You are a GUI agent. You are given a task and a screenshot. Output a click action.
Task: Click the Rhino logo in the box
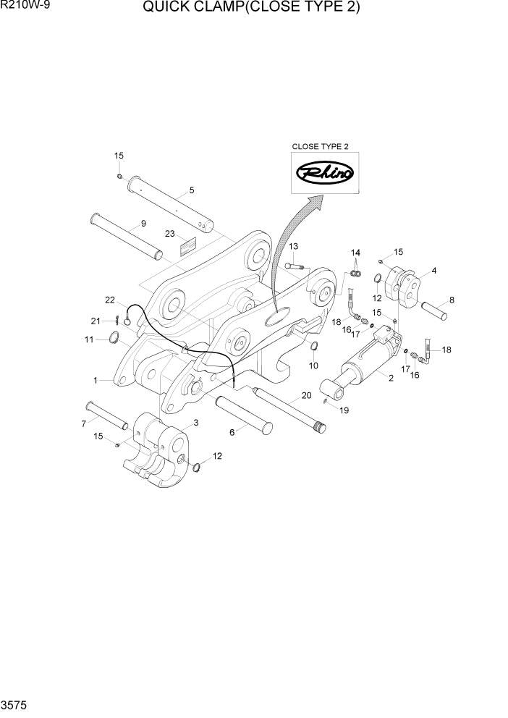tap(325, 173)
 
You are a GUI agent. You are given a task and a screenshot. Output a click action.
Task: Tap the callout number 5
tap(192, 190)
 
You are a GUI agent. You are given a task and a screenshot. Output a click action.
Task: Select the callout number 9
tap(143, 224)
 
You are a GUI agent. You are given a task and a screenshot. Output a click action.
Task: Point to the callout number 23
tap(170, 234)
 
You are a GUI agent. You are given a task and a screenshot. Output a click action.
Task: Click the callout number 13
tap(294, 247)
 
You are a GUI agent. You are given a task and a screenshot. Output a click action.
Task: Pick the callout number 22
tap(110, 300)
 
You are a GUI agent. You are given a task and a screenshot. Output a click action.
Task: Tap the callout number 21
tap(95, 320)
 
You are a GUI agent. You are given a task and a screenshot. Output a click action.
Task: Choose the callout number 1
tap(95, 379)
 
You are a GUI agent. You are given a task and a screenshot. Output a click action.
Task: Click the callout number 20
tap(306, 396)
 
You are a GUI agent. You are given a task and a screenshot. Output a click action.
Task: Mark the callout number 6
tap(233, 432)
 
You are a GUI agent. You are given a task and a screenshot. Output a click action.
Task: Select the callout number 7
tap(84, 423)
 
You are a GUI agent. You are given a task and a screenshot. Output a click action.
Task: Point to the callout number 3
tap(195, 423)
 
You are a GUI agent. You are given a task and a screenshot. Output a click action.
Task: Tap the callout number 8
tap(452, 300)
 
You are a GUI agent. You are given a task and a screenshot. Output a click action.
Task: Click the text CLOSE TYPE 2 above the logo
tap(320, 146)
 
